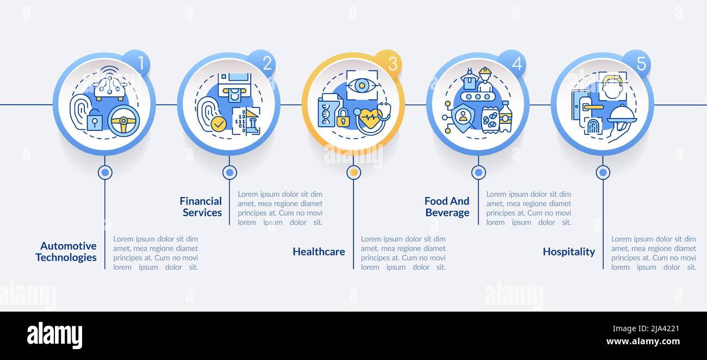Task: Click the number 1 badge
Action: point(137,63)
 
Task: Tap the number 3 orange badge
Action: point(388,63)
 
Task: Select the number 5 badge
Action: point(637,63)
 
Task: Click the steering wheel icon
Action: point(124,121)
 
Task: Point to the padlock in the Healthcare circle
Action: point(343,117)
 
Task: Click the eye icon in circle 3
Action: point(362,85)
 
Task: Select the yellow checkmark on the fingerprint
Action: point(219,123)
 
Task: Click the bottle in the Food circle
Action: point(505,116)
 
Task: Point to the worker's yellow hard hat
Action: point(485,71)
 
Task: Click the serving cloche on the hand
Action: point(622,114)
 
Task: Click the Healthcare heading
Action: point(319,251)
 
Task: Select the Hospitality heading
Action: point(569,252)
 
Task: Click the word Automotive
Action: point(69,246)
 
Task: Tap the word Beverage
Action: point(447,213)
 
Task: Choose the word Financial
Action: point(201,201)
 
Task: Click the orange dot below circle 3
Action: point(354,172)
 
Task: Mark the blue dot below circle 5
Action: point(603,172)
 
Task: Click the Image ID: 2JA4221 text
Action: point(646,329)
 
